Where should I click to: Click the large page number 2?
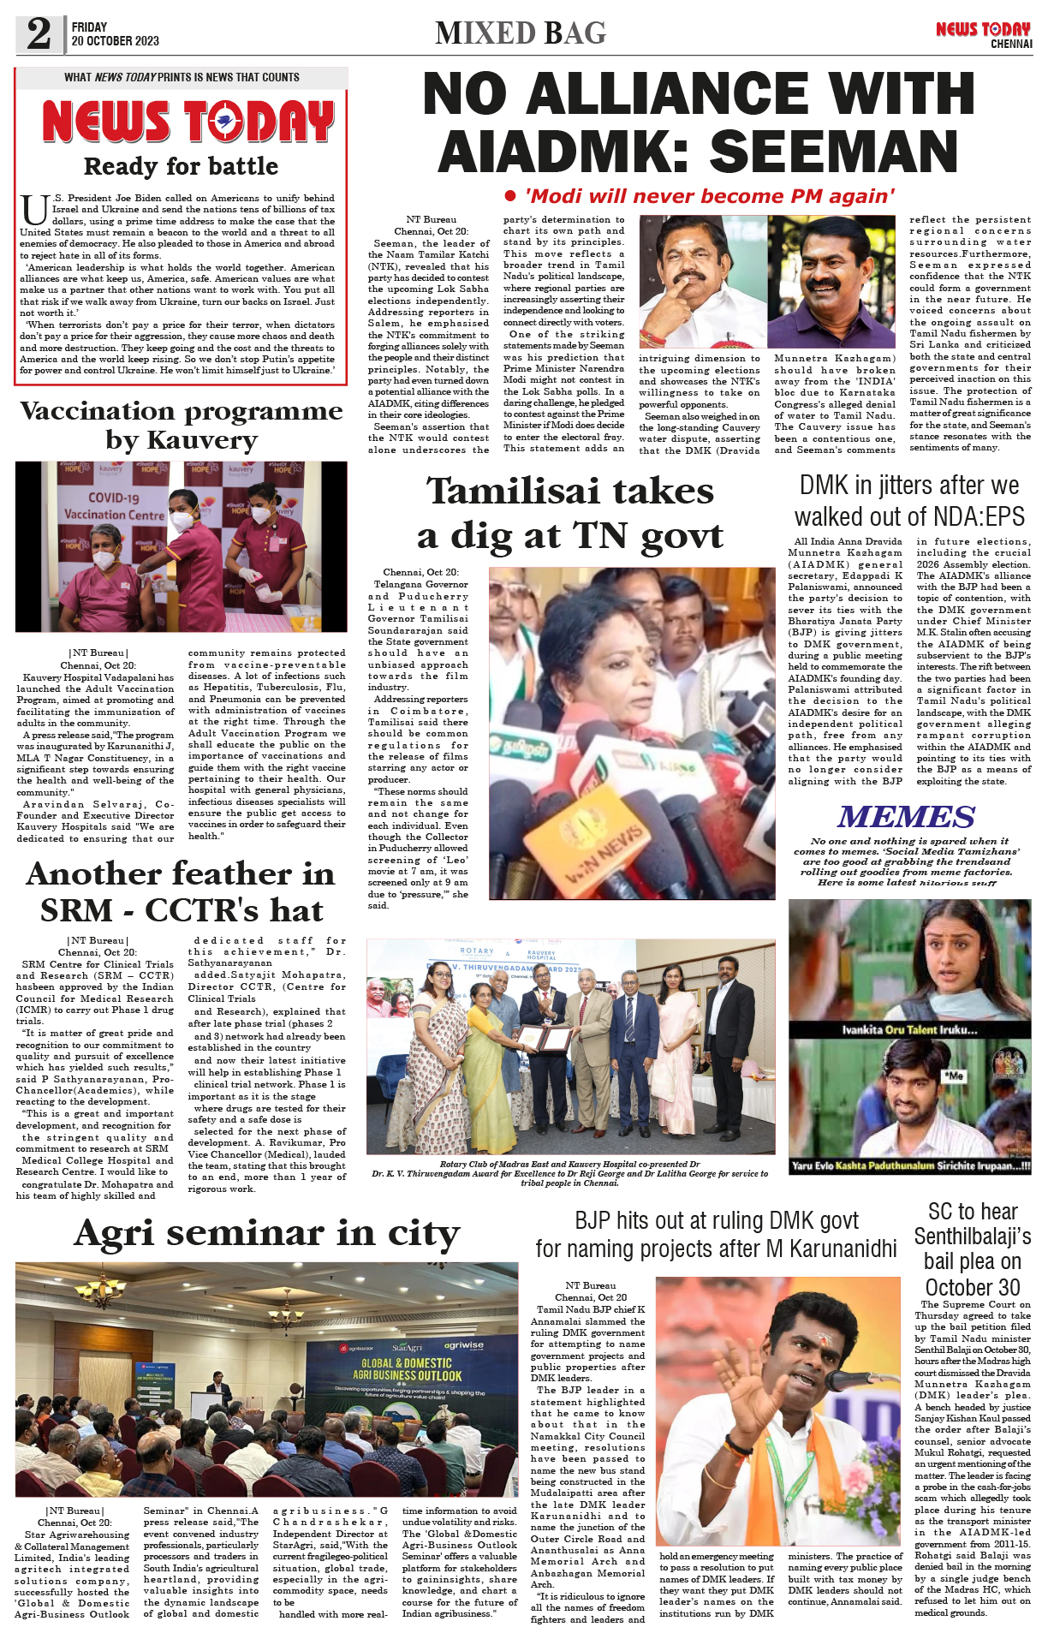pos(39,34)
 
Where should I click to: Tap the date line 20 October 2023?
pos(115,41)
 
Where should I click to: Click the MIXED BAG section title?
pos(521,33)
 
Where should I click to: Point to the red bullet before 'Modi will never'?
pos(510,196)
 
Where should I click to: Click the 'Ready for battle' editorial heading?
pos(181,166)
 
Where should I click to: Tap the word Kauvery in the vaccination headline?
pos(202,440)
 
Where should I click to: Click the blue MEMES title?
pos(907,816)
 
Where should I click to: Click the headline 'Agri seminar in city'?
pos(267,1233)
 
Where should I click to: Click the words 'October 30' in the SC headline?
pos(973,1287)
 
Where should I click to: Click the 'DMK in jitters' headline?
pos(909,501)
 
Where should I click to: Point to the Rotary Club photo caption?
pos(569,1173)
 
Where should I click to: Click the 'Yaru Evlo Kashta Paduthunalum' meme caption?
pos(910,1165)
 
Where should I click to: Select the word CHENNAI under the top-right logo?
pos(1011,44)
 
